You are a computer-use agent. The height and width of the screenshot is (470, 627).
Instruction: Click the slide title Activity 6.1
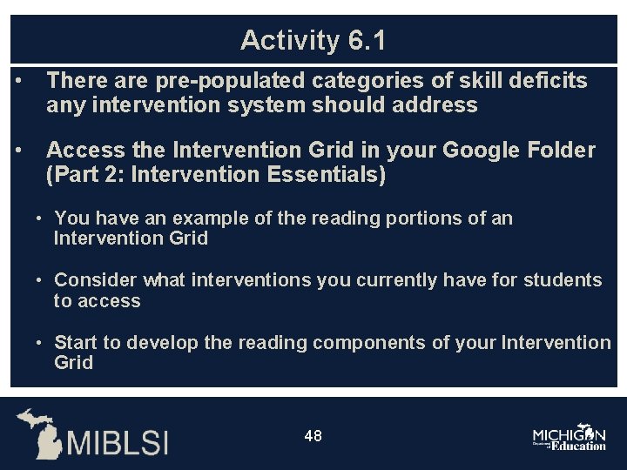313,40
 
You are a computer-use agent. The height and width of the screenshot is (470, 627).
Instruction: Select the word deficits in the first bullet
547,81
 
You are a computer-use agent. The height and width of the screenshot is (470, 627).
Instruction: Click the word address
435,105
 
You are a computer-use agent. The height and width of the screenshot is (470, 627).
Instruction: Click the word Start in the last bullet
77,343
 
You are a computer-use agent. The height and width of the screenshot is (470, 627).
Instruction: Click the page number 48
313,435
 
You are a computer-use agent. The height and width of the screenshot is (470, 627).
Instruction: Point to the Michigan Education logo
570,438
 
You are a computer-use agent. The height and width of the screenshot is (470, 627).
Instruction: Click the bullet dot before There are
18,81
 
